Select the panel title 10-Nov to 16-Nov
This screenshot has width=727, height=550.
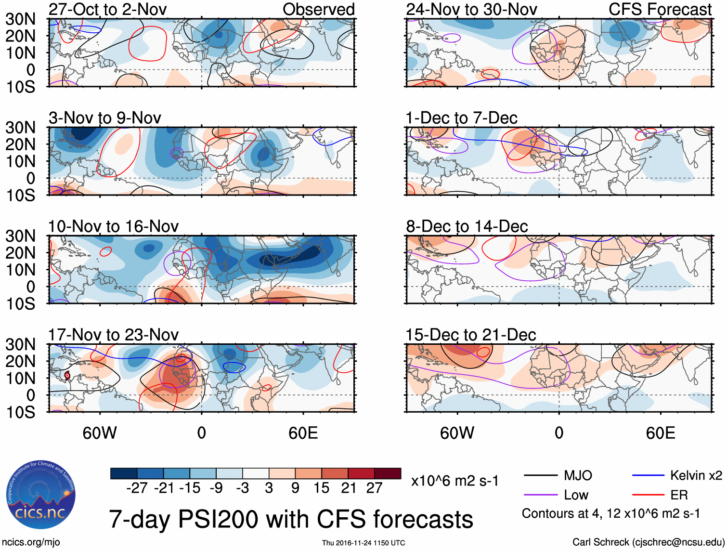point(113,226)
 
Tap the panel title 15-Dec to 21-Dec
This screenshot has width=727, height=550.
point(470,335)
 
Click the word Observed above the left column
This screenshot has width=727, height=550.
point(318,9)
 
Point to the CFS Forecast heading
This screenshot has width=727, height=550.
point(660,9)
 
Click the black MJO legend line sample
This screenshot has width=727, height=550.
point(540,476)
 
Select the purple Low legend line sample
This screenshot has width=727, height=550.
point(540,495)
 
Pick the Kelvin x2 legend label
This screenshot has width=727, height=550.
point(696,476)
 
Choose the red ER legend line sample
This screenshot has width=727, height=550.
point(648,495)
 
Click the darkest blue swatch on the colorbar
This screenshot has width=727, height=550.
point(124,473)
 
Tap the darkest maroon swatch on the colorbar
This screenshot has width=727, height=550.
point(388,473)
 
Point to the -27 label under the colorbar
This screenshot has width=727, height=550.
point(137,488)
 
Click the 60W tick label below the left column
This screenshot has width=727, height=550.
point(100,433)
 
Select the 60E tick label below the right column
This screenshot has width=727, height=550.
point(660,433)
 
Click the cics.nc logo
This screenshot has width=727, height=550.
point(40,495)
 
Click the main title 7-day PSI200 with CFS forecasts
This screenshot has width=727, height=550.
point(291,520)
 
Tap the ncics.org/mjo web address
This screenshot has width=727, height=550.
point(31,542)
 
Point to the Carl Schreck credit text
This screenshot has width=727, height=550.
point(648,542)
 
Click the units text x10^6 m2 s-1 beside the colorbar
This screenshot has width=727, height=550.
point(454,481)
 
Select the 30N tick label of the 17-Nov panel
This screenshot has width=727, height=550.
point(20,345)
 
